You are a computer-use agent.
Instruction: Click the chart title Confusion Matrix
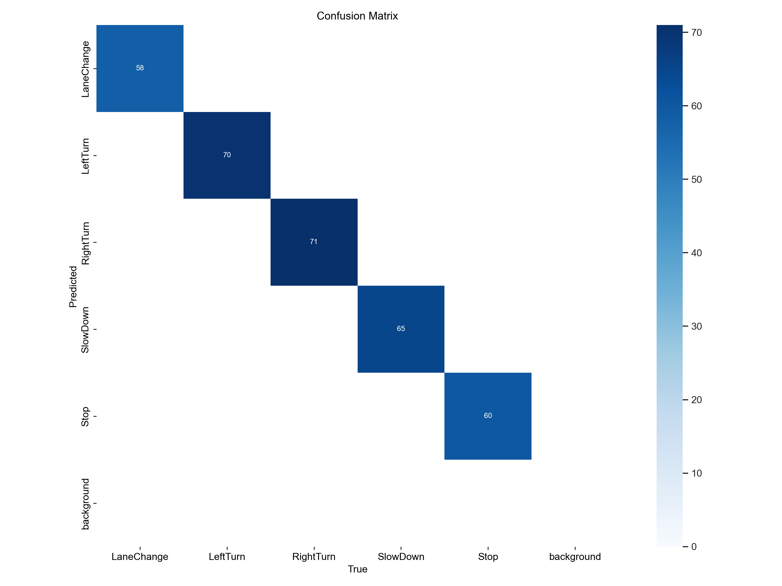tap(357, 16)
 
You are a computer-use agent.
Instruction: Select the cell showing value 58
tap(140, 68)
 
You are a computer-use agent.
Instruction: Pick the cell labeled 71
tap(314, 242)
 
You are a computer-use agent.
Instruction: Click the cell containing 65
tap(401, 329)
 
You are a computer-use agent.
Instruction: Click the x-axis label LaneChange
tap(140, 557)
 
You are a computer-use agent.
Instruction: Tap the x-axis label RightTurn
tap(314, 557)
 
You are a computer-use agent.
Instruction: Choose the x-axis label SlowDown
tap(401, 557)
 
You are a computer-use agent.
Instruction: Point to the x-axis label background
tap(575, 557)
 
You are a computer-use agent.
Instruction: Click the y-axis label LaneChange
tap(85, 69)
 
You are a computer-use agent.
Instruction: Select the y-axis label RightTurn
tap(85, 243)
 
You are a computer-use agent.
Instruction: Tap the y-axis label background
tap(85, 504)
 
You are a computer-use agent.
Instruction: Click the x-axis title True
tap(357, 569)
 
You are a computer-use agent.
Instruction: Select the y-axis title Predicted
tap(73, 286)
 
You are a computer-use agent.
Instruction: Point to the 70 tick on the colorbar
tap(696, 33)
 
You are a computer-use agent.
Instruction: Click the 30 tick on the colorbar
tap(696, 326)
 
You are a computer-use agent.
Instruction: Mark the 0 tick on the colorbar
tap(694, 546)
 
